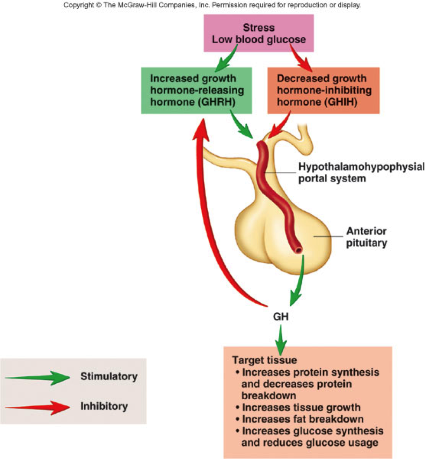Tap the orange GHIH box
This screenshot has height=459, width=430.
pyautogui.click(x=323, y=90)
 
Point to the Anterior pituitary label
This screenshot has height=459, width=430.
pyautogui.click(x=365, y=237)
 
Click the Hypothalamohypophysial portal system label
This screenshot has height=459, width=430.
pyautogui.click(x=361, y=172)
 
